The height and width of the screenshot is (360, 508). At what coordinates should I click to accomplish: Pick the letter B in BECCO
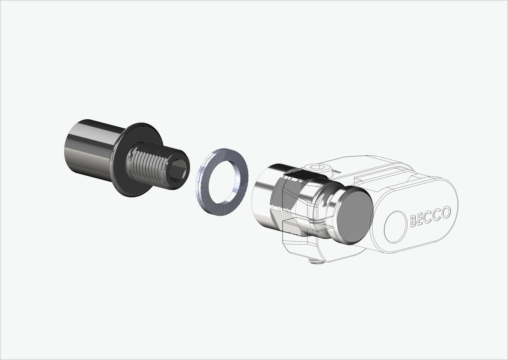coord(414,221)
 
